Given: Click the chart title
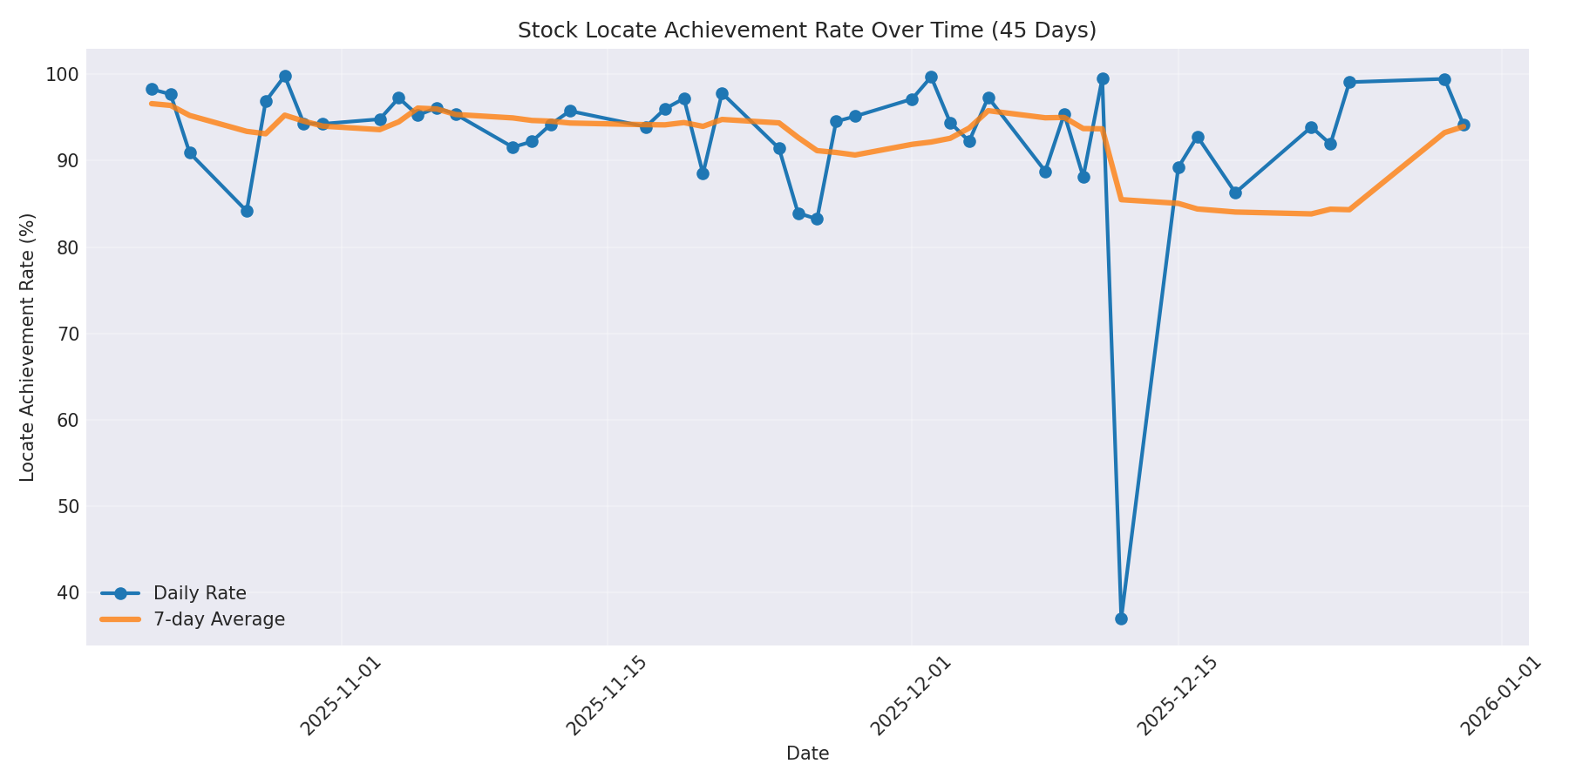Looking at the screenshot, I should tap(806, 30).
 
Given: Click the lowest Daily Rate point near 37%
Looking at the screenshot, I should tap(1121, 618).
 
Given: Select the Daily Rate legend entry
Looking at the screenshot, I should tap(199, 593).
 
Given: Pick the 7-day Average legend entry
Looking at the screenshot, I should tap(218, 619).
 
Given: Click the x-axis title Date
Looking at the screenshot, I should tap(807, 754).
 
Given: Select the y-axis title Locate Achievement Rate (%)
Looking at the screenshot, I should tap(28, 347).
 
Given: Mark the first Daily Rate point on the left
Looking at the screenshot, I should tap(152, 89).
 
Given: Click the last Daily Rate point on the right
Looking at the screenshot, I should tap(1464, 125).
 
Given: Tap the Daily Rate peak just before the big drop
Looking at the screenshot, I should tap(1103, 78).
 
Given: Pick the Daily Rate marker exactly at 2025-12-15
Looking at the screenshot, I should tap(1178, 167).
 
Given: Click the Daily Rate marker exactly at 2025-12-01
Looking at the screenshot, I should tap(912, 99).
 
